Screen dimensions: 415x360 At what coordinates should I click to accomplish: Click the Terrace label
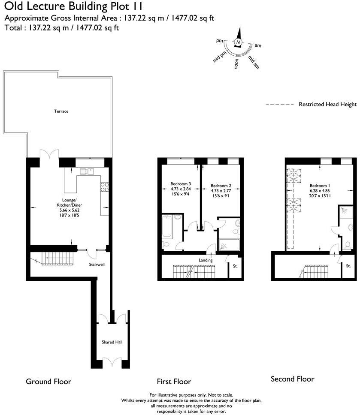tap(61, 111)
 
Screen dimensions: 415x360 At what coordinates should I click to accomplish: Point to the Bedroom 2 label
tap(221, 186)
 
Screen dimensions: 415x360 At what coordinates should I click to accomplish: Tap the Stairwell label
tap(97, 265)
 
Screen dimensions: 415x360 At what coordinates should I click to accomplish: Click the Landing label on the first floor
tap(206, 260)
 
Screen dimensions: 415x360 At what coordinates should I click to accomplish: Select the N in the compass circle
tap(238, 42)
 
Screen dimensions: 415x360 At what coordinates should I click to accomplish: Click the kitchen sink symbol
tap(87, 171)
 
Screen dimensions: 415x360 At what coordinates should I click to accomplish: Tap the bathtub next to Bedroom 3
tap(167, 227)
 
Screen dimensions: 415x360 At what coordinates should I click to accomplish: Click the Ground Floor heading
tap(48, 381)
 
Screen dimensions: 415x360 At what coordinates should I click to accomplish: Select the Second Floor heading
tap(292, 379)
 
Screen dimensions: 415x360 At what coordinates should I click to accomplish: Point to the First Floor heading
tap(174, 381)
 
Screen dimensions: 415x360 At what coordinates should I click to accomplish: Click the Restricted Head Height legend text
tap(328, 104)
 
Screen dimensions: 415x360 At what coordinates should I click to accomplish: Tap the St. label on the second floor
tap(348, 266)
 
